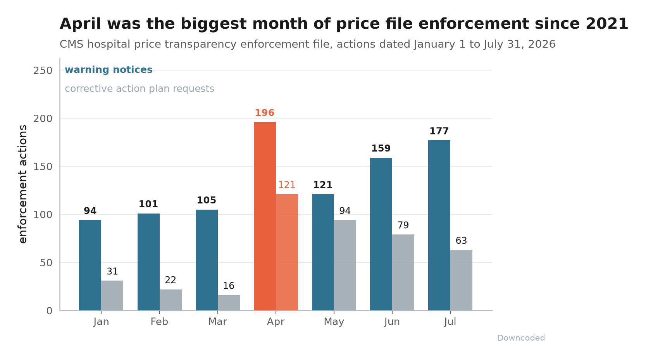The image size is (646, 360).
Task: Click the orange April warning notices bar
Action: pos(265,216)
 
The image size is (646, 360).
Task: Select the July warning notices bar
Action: pos(439,225)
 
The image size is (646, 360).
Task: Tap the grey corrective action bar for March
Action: pos(229,303)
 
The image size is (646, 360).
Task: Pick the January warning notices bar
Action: pos(90,265)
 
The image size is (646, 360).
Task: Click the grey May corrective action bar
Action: pos(345,265)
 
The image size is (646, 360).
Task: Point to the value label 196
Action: pos(264,113)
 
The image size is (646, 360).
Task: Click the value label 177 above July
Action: pos(439,131)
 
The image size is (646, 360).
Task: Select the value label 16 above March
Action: pos(229,286)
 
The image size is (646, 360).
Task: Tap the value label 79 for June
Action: pos(403,225)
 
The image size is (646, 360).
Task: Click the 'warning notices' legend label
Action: pos(109,70)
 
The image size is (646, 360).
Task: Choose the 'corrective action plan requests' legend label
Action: pos(140,89)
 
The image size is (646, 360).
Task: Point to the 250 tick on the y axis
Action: pos(43,71)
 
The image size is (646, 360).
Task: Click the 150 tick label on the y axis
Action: pos(43,167)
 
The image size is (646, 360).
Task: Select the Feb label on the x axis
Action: pos(159,322)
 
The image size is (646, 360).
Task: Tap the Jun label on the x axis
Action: pos(392,322)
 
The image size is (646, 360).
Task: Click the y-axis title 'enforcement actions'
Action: pos(23,184)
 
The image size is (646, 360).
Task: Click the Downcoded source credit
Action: pos(521,338)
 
